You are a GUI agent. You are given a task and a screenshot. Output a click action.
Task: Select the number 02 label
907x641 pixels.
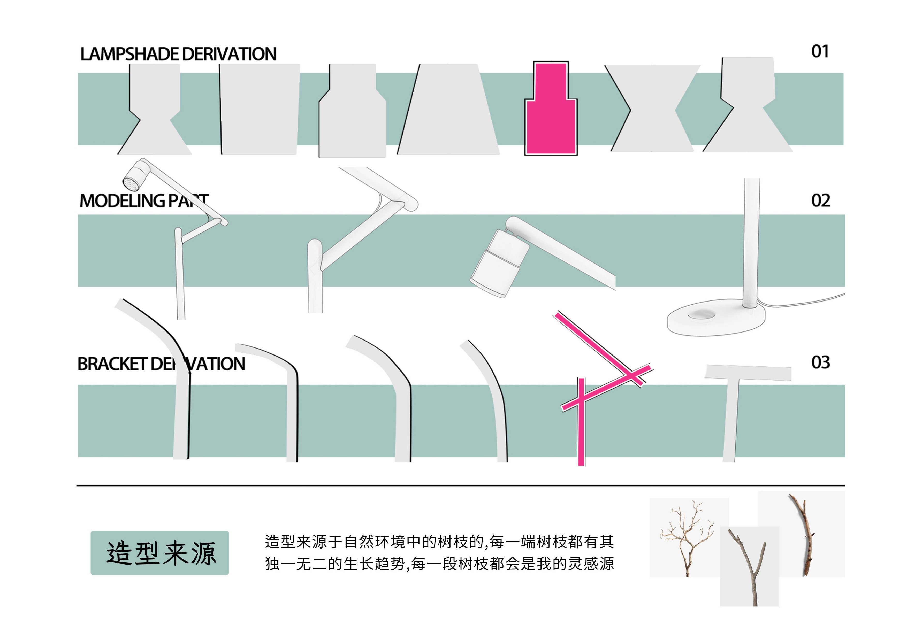click(x=820, y=201)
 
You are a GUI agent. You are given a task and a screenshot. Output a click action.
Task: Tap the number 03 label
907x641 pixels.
click(x=820, y=362)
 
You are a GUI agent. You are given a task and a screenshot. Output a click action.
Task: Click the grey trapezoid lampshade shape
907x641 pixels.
click(x=448, y=114)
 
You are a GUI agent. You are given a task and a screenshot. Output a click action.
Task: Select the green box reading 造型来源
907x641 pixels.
click(x=159, y=553)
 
